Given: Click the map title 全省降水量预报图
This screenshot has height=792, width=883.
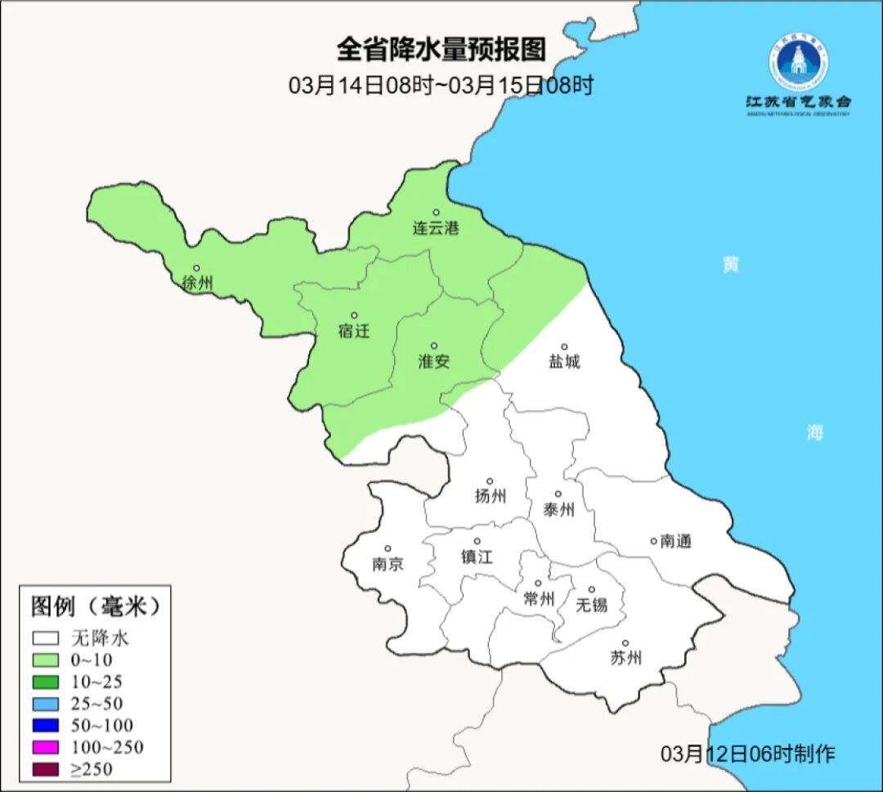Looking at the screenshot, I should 441,50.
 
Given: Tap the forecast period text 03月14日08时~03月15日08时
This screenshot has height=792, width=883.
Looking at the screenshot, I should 441,84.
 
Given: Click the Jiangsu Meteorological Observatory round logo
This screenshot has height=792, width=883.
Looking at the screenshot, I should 797,59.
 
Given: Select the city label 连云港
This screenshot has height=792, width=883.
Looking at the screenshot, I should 436,229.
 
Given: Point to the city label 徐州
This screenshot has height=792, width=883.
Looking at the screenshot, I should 198,284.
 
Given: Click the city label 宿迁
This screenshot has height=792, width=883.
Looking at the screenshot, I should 354,331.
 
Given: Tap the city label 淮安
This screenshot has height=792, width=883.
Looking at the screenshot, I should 434,361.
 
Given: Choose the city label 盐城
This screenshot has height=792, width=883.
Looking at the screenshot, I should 564,362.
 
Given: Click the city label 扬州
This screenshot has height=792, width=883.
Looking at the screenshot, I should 490,496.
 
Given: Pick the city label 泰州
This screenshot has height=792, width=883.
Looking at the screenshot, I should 558,510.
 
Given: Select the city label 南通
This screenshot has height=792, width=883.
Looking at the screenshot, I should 675,541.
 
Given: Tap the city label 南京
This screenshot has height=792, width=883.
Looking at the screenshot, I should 388,565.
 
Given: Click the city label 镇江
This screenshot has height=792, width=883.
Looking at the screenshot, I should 477,557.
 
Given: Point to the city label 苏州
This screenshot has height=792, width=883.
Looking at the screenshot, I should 625,658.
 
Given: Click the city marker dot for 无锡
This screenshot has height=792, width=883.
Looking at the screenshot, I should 592,589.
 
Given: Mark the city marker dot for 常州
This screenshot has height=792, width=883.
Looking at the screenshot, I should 538,584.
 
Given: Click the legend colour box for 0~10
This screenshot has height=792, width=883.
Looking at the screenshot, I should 46,660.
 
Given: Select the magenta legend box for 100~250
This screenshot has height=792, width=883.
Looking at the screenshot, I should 46,747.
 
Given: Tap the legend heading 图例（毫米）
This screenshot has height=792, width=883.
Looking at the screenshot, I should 93,606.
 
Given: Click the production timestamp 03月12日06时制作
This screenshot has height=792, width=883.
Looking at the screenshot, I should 748,754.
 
